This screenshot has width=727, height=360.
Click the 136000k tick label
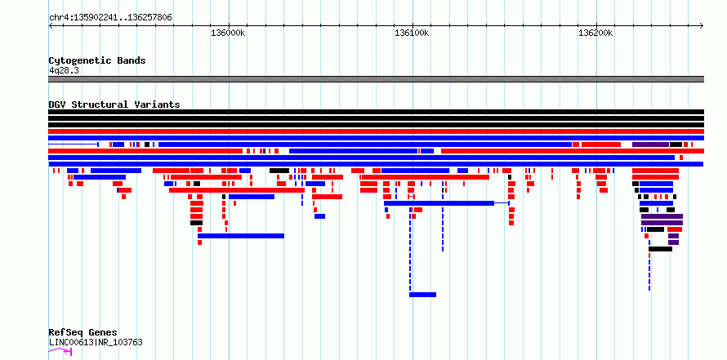[228, 33]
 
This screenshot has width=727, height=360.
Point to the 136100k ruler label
[412, 33]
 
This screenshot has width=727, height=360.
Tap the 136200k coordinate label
[595, 33]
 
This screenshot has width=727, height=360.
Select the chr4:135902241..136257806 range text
[110, 18]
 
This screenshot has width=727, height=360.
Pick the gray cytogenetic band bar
[376, 79]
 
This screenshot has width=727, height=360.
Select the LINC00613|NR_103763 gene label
[96, 343]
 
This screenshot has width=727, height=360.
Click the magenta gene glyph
[60, 352]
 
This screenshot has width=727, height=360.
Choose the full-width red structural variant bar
[376, 131]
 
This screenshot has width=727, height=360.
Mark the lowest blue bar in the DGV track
[422, 295]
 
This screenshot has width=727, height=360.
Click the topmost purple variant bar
[650, 144]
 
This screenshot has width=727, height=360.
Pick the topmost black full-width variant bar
[376, 112]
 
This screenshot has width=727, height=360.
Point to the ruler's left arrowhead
[51, 26]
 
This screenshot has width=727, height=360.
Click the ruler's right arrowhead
[702, 26]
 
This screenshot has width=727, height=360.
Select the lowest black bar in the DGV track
[660, 249]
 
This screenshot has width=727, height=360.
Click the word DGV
[58, 104]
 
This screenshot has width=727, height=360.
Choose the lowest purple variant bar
[673, 242]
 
